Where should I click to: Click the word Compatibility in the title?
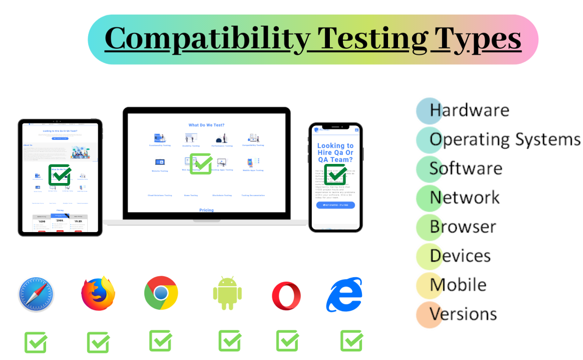[207, 39]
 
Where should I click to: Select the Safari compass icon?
[36, 294]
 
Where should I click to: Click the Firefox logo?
[98, 293]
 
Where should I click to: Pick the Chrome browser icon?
[161, 293]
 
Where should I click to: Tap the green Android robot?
[227, 293]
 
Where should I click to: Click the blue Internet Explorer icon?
[344, 295]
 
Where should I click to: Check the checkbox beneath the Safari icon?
[36, 342]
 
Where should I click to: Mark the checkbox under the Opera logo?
[288, 341]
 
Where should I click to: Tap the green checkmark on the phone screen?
[335, 174]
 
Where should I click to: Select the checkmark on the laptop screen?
[201, 164]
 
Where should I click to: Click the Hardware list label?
[469, 110]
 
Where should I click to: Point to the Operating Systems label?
[504, 139]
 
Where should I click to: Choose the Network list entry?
[465, 197]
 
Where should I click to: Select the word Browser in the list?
[463, 226]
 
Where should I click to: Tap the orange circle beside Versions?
[429, 314]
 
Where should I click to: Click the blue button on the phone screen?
[335, 205]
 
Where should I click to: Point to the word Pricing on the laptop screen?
[207, 210]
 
